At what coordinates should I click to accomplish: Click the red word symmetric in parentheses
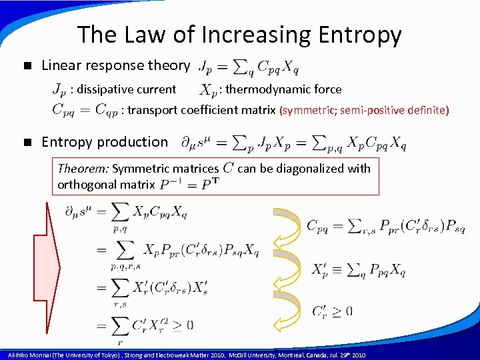pyautogui.click(x=309, y=110)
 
